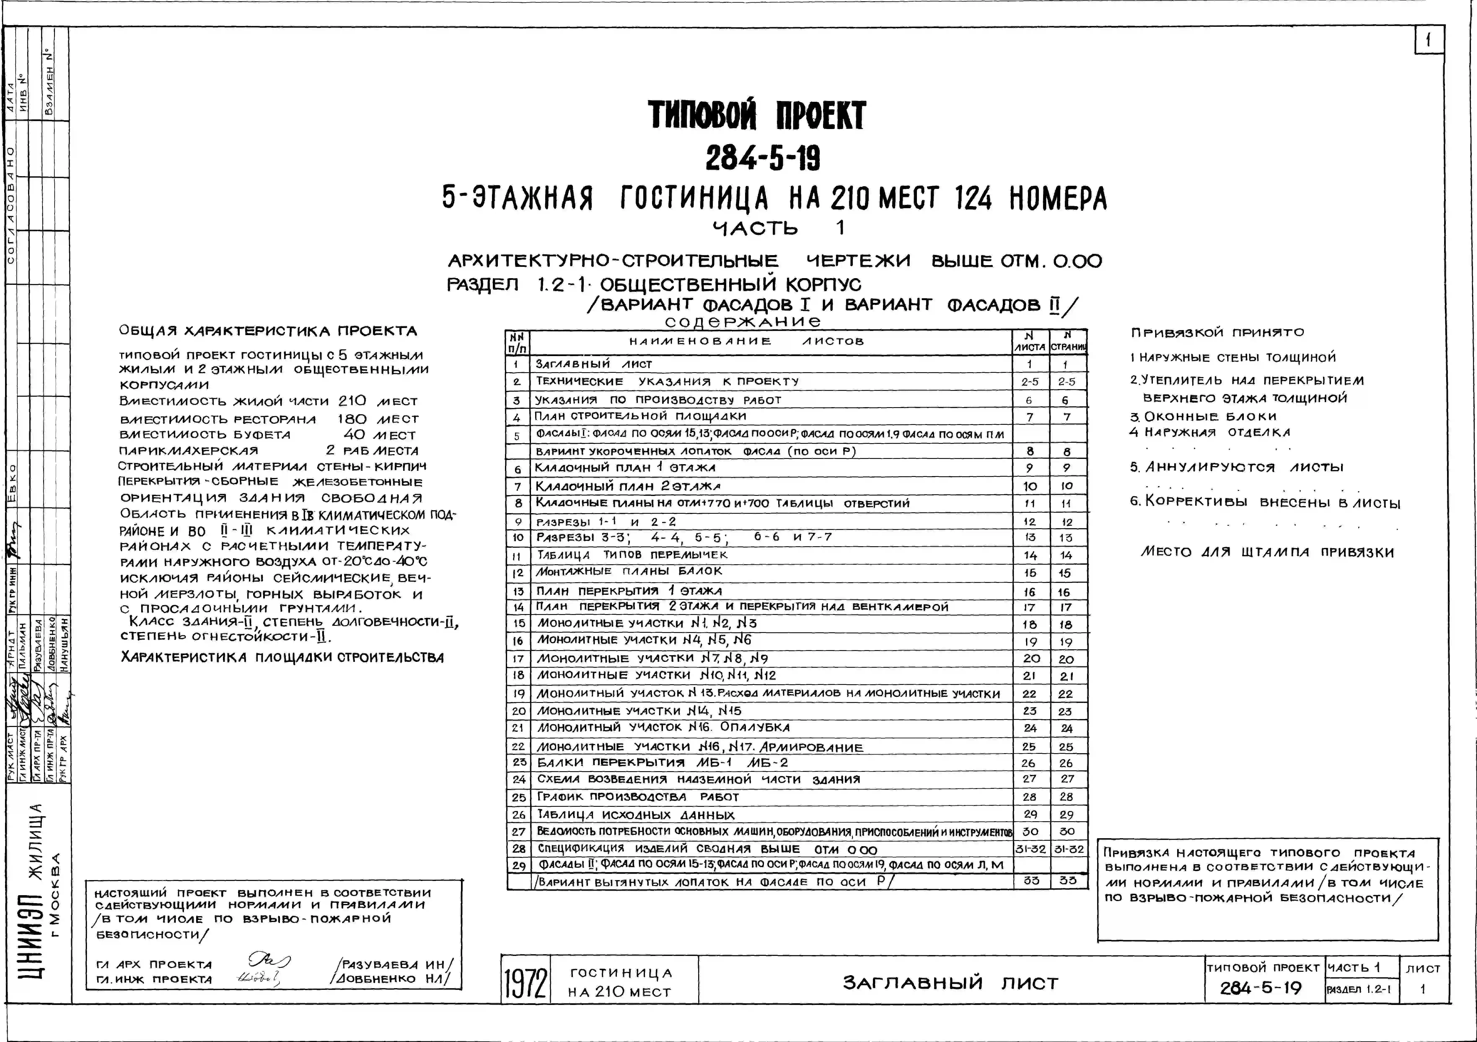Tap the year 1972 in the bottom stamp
(525, 981)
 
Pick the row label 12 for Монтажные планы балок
(518, 572)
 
